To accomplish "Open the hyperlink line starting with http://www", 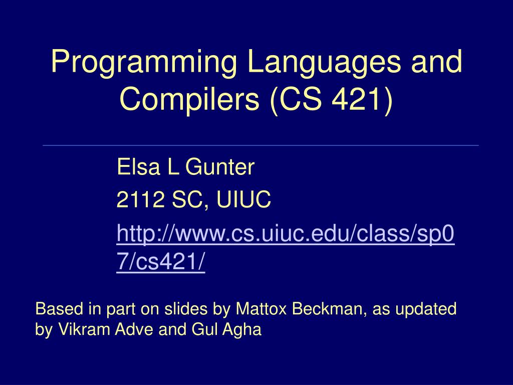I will (285, 234).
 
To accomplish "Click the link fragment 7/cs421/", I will (160, 263).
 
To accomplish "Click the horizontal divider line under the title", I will (261, 145).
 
